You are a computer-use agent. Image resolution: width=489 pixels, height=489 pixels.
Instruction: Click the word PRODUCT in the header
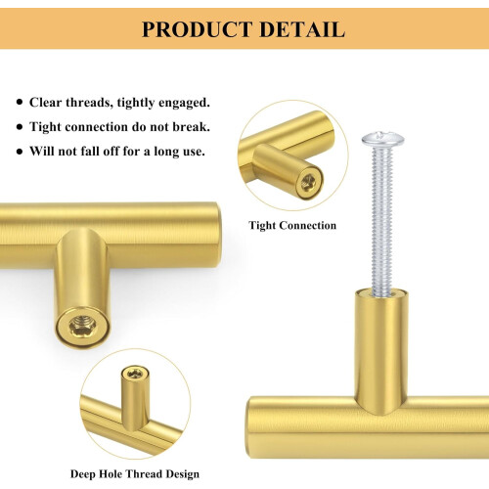tap(198, 29)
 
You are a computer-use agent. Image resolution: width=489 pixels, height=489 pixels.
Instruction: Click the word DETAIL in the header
tap(302, 29)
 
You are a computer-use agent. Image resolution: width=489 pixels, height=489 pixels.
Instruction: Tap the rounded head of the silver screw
tap(382, 140)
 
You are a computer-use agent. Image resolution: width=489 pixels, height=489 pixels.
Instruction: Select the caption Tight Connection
tap(292, 225)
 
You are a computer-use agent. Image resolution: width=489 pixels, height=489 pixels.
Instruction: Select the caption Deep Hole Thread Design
tap(135, 474)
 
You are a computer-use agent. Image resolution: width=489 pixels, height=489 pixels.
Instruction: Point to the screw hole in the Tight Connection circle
tap(308, 182)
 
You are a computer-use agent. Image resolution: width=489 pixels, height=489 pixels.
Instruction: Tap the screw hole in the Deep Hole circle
tap(135, 373)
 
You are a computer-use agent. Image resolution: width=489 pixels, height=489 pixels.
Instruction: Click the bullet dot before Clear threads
tap(20, 103)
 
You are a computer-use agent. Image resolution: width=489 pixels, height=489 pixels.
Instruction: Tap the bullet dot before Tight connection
tap(20, 127)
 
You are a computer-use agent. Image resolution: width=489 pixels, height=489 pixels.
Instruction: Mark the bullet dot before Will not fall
tap(20, 152)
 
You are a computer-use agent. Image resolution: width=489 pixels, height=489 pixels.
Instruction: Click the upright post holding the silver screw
tap(380, 350)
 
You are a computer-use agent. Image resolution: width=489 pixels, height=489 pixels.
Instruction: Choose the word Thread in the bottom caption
tap(145, 474)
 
